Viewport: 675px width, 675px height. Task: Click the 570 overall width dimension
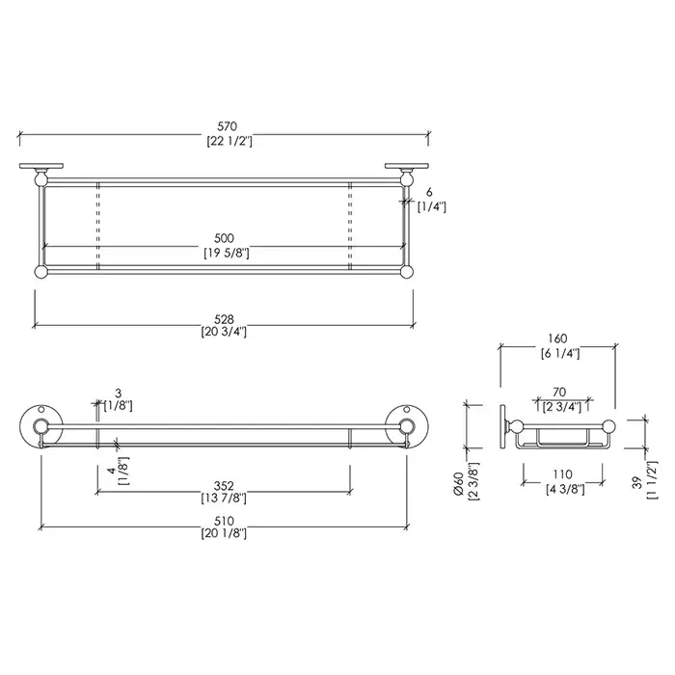(x=227, y=126)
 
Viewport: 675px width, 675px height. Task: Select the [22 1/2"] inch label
(x=229, y=141)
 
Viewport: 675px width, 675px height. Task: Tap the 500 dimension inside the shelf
(x=225, y=238)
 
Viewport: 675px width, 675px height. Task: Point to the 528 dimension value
(x=225, y=319)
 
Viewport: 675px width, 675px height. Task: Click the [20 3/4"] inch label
(x=224, y=332)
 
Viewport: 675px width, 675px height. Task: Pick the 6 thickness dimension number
(x=429, y=193)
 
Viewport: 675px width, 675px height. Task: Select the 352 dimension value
(x=224, y=486)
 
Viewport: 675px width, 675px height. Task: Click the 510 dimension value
(x=224, y=522)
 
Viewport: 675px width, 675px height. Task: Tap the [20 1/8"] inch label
(x=224, y=534)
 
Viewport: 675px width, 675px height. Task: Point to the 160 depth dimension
(x=557, y=338)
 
